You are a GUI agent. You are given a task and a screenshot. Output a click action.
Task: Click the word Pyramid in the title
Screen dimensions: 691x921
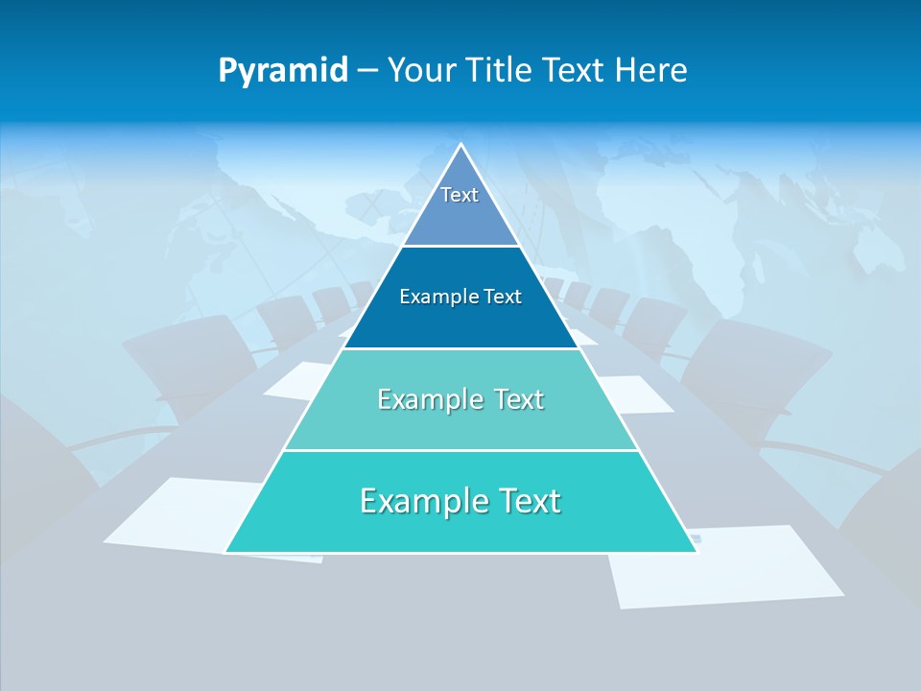coord(282,71)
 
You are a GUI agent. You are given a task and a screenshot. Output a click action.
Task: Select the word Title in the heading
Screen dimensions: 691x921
coord(503,70)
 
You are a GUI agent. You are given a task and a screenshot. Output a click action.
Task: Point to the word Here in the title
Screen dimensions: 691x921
coord(650,70)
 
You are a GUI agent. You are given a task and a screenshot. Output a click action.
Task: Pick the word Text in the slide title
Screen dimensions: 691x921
coord(575,70)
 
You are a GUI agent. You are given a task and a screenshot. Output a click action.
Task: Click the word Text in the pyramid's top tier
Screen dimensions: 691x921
coord(460,195)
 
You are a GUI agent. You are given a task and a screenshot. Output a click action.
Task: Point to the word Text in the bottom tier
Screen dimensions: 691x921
coord(524,501)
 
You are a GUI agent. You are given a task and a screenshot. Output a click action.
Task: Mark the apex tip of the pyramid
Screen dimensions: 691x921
coord(461,145)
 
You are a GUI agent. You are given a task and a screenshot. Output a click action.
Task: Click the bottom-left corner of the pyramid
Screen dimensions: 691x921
coord(226,552)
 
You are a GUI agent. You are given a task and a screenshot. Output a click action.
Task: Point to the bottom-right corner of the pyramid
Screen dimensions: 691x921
coord(696,552)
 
